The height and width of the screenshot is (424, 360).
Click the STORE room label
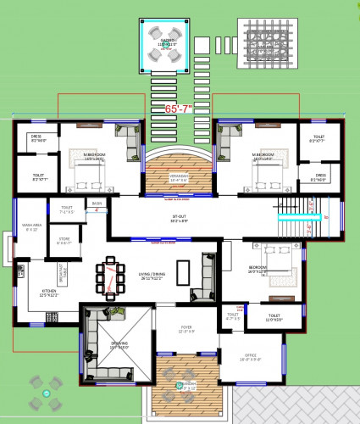(x=63, y=241)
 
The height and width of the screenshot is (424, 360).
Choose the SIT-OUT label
(x=178, y=218)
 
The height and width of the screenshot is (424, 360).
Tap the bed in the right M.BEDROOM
(x=268, y=174)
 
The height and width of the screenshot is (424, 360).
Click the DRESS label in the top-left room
(x=37, y=137)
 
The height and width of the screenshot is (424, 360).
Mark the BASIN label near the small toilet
(x=97, y=204)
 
